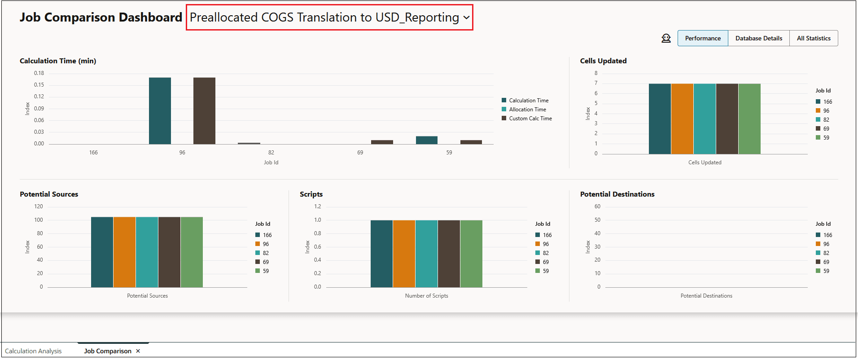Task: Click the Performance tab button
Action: click(703, 38)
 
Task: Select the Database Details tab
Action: click(758, 38)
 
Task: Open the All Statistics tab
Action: click(814, 38)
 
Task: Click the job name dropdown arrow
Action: click(467, 18)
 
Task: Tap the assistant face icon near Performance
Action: click(666, 38)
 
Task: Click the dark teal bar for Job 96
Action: click(160, 111)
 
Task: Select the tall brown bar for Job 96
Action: click(204, 111)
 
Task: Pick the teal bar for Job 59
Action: click(426, 140)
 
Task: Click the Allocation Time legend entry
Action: click(527, 110)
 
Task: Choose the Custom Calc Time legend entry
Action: click(530, 119)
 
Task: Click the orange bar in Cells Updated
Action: click(682, 119)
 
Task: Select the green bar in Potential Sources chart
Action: click(192, 252)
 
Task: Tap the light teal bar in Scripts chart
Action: click(426, 254)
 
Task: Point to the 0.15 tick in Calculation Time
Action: click(39, 85)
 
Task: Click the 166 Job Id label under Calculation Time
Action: click(93, 153)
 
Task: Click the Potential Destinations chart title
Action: click(617, 194)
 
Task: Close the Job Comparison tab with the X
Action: click(138, 351)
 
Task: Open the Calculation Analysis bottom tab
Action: click(33, 351)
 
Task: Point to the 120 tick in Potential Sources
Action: click(39, 206)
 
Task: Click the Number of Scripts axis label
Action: click(426, 296)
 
